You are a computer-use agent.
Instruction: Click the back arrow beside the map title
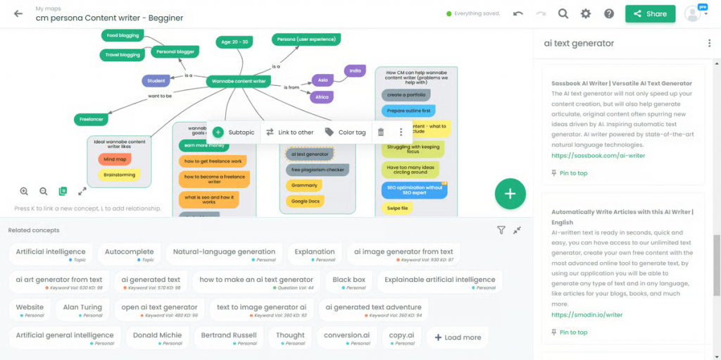coord(18,13)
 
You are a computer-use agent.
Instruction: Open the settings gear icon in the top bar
coord(586,13)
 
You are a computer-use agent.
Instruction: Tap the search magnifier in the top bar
coord(563,13)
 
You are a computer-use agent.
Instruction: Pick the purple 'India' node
coord(355,70)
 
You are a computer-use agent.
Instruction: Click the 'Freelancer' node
coord(91,119)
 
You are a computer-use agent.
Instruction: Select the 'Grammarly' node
coord(304,185)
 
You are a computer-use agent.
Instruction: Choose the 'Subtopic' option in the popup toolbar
coord(234,132)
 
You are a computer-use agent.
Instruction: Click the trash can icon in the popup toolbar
coord(381,132)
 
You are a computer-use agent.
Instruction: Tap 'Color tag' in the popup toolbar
coord(345,132)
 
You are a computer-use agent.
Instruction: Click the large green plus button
coord(510,194)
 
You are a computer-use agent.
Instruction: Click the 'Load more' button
coord(457,337)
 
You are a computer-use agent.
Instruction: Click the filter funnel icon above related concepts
coord(501,230)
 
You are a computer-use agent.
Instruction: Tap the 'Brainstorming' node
coord(119,174)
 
